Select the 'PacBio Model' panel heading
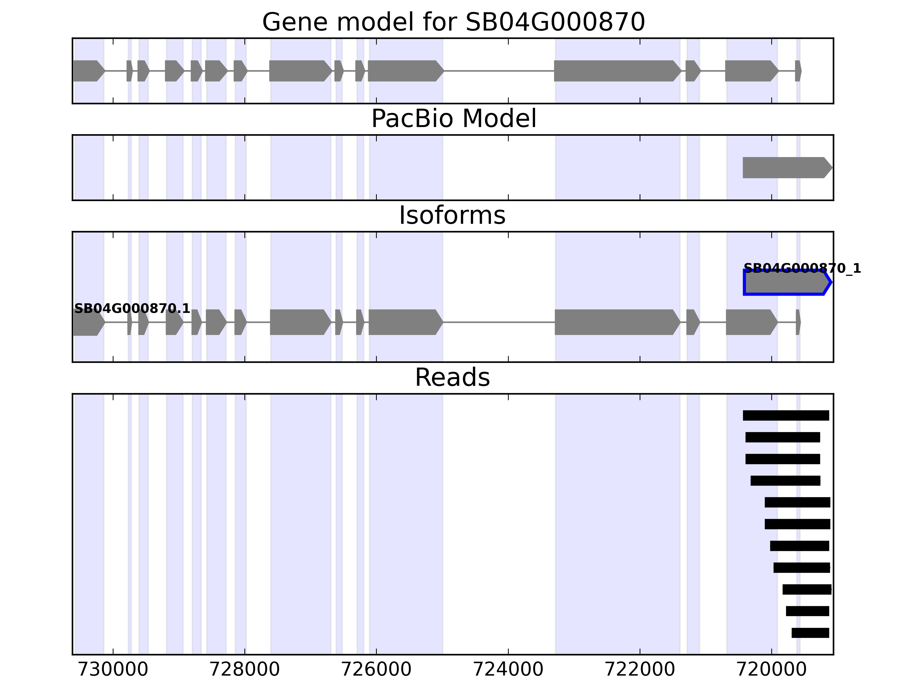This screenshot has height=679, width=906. coord(453,119)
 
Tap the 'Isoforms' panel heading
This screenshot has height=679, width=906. coord(452,216)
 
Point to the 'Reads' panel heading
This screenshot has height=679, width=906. coord(452,378)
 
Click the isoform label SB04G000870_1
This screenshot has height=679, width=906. coord(802,268)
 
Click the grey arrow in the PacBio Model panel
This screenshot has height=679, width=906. coord(787,168)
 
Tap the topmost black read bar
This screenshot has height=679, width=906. coord(786,415)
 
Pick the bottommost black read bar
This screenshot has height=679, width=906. coord(810,633)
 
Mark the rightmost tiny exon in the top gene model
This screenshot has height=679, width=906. coord(798,71)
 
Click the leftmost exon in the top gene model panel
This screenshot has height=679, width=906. coord(88,71)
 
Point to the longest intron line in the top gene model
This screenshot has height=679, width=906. coord(499,71)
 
